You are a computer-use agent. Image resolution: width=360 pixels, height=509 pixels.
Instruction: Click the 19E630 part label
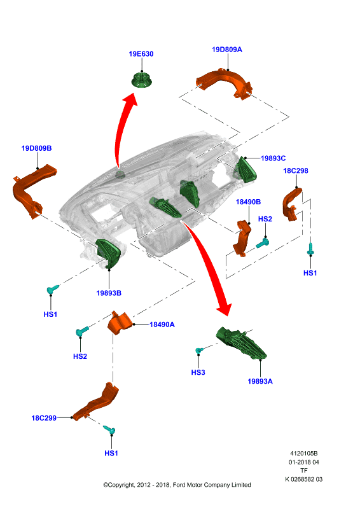(x=141, y=54)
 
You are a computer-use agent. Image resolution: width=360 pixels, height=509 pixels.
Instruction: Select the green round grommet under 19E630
(x=142, y=80)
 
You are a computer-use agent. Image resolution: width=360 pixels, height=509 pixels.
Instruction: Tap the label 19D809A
(x=227, y=50)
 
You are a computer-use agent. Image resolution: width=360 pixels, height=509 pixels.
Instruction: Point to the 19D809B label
(x=36, y=148)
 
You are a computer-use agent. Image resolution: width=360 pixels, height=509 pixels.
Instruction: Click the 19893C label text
(x=273, y=158)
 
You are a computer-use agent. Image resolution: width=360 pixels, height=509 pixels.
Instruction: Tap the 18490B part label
(x=248, y=202)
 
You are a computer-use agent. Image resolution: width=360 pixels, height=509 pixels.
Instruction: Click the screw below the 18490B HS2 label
(x=262, y=243)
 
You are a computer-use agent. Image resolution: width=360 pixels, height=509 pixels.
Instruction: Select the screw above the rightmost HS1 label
(x=310, y=249)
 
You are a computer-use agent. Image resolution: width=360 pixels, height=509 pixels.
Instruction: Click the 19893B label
(x=109, y=293)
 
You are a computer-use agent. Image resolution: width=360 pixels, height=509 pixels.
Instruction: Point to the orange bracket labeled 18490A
(x=120, y=323)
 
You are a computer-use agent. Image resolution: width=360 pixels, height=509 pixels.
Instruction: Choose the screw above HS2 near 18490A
(x=82, y=331)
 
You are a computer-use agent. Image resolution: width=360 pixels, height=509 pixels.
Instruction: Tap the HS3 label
(x=198, y=372)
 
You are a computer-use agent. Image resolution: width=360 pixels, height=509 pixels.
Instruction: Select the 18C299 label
(x=44, y=418)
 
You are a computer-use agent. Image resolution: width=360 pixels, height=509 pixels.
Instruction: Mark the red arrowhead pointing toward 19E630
(x=131, y=99)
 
